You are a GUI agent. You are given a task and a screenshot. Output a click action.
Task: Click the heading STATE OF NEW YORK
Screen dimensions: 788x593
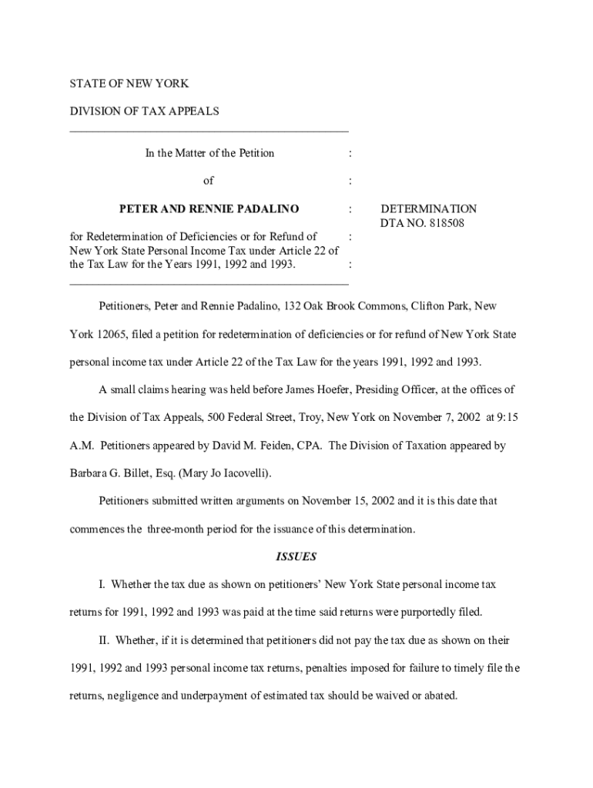pyautogui.click(x=129, y=83)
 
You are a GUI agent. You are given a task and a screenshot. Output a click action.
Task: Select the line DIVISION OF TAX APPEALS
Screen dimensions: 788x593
pyautogui.click(x=145, y=111)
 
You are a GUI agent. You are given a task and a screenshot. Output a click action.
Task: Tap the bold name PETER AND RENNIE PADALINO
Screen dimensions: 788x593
pyautogui.click(x=209, y=209)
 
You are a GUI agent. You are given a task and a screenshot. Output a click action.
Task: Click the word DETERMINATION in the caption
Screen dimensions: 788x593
pyautogui.click(x=429, y=209)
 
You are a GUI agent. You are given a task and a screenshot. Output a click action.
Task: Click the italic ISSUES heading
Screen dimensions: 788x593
pyautogui.click(x=296, y=556)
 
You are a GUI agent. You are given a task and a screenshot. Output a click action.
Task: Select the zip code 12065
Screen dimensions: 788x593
pyautogui.click(x=112, y=335)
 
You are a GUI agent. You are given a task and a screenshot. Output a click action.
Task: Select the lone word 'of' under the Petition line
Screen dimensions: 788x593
pyautogui.click(x=208, y=181)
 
